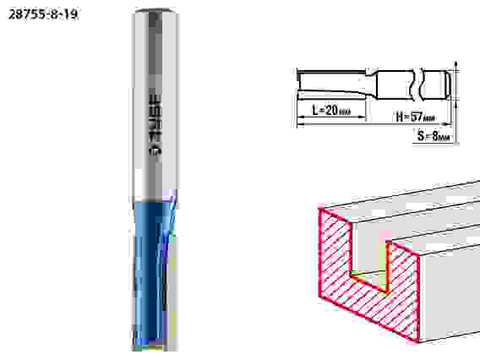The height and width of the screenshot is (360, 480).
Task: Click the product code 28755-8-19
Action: point(43,14)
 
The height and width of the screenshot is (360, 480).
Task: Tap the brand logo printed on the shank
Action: point(155,124)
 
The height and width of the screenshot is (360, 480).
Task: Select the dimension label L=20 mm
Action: point(331,110)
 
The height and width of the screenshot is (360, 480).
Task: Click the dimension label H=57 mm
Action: point(415,117)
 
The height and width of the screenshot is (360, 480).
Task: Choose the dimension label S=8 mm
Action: point(434,136)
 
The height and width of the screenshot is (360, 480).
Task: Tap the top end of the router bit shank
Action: point(155,11)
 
